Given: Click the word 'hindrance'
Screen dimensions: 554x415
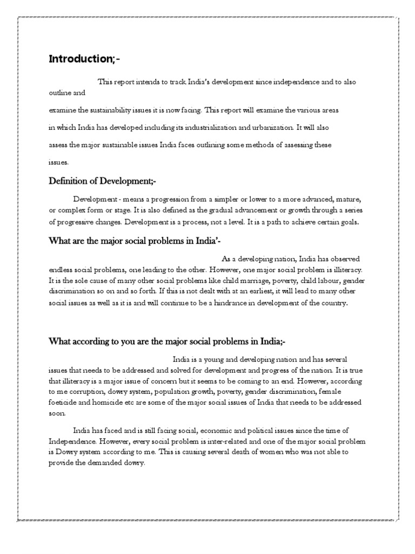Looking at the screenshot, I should (x=235, y=303).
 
